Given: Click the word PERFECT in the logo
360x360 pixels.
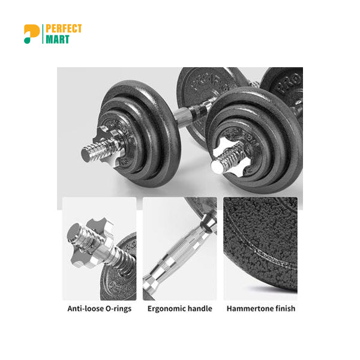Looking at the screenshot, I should tap(64, 29).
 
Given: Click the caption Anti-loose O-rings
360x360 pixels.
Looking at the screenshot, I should tap(100, 309).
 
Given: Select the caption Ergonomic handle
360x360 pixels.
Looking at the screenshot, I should tap(180, 309).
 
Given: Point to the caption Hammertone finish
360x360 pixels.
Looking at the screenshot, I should tap(260, 309).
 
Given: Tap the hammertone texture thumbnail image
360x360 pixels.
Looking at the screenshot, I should tap(260, 248).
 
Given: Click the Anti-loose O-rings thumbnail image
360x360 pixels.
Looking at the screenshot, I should tap(100, 248).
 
